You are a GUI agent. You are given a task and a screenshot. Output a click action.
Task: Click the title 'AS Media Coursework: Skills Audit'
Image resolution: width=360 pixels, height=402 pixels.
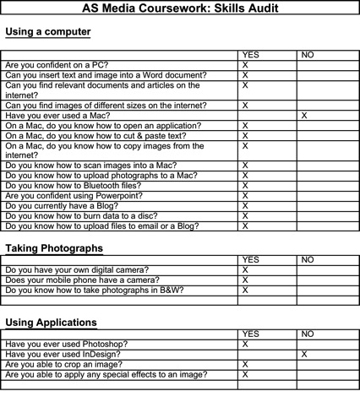pyautogui.click(x=180, y=8)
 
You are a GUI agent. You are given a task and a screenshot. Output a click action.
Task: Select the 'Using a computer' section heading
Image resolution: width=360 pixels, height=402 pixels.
pyautogui.click(x=48, y=33)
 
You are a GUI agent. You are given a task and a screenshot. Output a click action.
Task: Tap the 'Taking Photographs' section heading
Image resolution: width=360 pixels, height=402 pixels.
pyautogui.click(x=54, y=249)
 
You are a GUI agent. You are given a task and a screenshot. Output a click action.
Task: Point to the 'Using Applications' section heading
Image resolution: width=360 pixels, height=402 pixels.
pyautogui.click(x=51, y=323)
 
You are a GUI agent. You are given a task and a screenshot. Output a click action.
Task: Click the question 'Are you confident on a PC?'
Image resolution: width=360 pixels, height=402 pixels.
pyautogui.click(x=62, y=65)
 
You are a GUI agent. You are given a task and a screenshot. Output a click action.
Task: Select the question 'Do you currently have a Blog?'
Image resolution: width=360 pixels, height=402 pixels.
pyautogui.click(x=68, y=205)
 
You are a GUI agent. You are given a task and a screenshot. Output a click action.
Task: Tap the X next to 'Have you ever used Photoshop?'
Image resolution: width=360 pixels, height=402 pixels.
pyautogui.click(x=245, y=345)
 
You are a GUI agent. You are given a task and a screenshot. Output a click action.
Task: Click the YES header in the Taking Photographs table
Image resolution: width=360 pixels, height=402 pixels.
pyautogui.click(x=252, y=260)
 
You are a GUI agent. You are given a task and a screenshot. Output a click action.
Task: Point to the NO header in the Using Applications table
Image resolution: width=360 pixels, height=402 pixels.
pyautogui.click(x=308, y=334)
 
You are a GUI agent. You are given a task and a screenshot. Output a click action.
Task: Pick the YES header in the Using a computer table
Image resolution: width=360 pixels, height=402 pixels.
pyautogui.click(x=252, y=55)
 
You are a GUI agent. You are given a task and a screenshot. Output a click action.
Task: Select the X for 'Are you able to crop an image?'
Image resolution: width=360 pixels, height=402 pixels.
pyautogui.click(x=245, y=365)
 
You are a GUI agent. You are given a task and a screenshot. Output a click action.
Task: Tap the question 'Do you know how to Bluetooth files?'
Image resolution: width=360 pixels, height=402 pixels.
pyautogui.click(x=83, y=185)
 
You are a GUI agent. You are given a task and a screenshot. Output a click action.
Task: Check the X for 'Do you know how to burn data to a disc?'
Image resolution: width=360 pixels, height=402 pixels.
pyautogui.click(x=245, y=215)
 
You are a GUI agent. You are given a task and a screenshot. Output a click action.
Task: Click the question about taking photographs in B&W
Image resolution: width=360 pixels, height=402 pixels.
pyautogui.click(x=94, y=291)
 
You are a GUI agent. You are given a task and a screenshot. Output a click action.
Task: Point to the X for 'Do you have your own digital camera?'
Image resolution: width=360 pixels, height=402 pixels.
pyautogui.click(x=245, y=270)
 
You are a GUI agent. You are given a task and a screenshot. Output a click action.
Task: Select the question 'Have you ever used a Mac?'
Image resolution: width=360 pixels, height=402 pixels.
pyautogui.click(x=61, y=115)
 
